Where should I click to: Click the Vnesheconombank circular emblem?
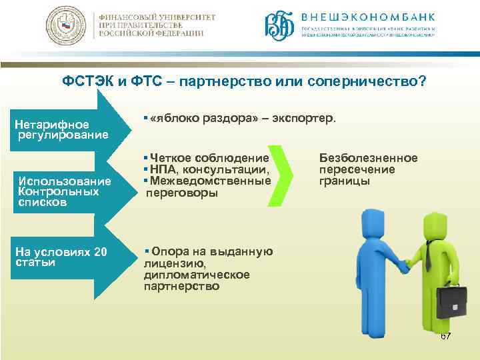coord(279,26)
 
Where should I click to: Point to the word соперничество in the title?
coord(379,81)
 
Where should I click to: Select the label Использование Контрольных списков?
coord(64,192)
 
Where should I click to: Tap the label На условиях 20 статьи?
coord(61,257)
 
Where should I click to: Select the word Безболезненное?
coord(368,158)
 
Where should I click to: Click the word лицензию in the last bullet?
coord(171,263)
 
